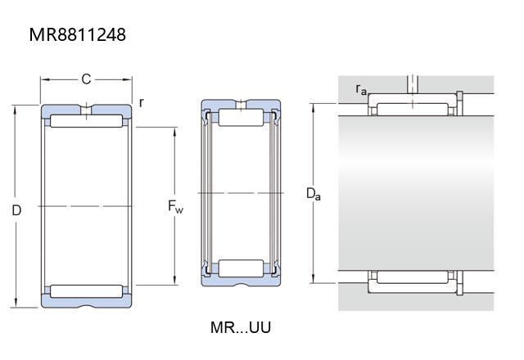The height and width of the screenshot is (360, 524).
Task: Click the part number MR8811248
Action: [78, 34]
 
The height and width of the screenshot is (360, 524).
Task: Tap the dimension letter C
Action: [86, 79]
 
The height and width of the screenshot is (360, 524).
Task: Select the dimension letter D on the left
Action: [16, 210]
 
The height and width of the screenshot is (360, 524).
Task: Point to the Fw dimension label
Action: [175, 206]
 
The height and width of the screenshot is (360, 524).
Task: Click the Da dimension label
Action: [314, 194]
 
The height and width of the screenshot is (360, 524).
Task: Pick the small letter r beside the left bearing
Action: [142, 102]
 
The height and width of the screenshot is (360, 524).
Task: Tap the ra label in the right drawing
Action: [361, 89]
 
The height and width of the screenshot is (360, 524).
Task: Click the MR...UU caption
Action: [241, 327]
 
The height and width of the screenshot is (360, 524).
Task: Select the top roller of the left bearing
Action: [86, 121]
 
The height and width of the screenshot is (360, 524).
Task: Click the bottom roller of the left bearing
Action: [86, 291]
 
